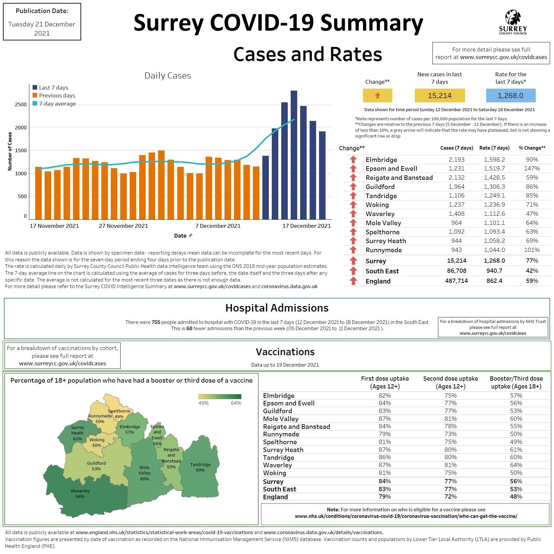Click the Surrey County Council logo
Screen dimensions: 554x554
(x=513, y=22)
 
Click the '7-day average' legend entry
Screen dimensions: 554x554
(x=57, y=104)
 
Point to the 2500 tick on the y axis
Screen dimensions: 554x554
(x=21, y=105)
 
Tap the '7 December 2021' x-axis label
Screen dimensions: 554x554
(x=218, y=226)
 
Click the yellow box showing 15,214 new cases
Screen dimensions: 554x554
(x=440, y=95)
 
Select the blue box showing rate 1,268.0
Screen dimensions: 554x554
(x=510, y=95)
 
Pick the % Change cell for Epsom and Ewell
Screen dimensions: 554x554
(x=532, y=168)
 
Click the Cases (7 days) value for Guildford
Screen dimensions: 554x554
(x=456, y=187)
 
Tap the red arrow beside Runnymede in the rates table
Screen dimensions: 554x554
(x=353, y=250)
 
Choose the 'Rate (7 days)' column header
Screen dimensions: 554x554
(x=494, y=148)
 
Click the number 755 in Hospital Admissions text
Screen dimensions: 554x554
(x=156, y=322)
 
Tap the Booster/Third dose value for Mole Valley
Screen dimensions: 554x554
(x=516, y=419)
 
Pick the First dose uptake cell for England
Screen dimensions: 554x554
(x=385, y=497)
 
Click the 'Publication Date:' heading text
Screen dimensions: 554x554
(x=42, y=11)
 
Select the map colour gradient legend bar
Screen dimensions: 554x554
(x=220, y=396)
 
